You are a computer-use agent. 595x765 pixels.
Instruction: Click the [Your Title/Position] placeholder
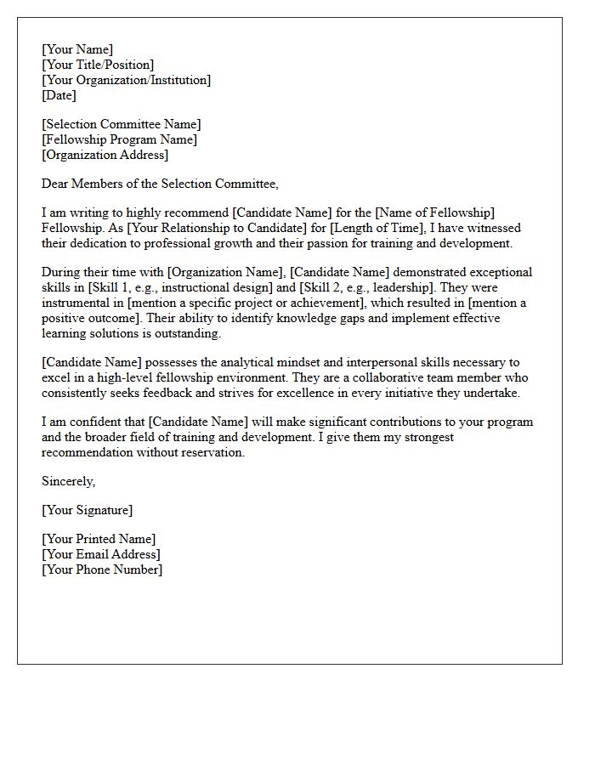coord(98,65)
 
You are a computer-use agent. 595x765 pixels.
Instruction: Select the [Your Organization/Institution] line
coord(126,80)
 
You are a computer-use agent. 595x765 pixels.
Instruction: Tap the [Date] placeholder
coord(59,95)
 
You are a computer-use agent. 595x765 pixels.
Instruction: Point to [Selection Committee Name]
coord(122,124)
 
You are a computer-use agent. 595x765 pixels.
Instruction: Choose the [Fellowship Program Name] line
coord(119,139)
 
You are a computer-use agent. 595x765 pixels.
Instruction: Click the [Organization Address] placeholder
coord(105,155)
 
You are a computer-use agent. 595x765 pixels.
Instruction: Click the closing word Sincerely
coord(68,481)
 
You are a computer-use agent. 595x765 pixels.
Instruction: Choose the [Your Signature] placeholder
coord(87,510)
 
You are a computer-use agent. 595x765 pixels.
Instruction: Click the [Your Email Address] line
coord(100,554)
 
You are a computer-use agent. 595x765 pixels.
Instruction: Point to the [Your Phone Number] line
coord(101,569)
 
